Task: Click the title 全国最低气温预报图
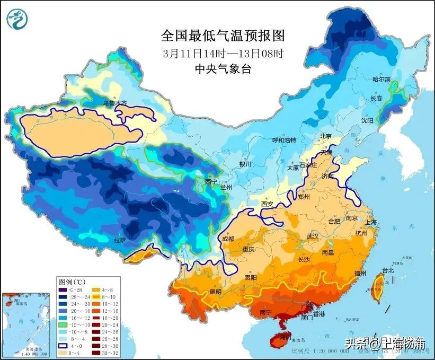(223, 36)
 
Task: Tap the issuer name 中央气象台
(223, 68)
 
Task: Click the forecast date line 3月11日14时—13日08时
(223, 53)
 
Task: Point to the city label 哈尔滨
(381, 80)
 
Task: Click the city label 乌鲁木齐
(115, 102)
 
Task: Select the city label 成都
(228, 239)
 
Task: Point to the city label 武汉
(313, 236)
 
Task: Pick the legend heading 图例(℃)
(73, 281)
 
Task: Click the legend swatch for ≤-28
(63, 289)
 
